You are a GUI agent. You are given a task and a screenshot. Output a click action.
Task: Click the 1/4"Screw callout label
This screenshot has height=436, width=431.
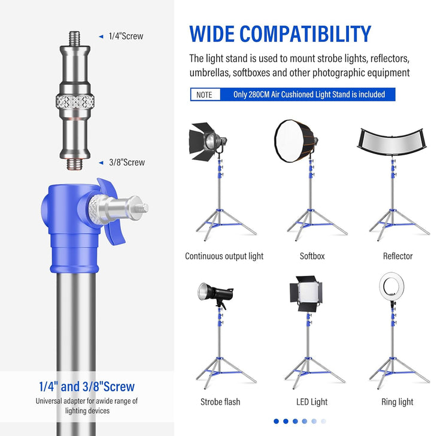126,36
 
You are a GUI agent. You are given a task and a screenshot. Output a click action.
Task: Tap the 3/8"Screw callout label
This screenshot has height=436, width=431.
127,163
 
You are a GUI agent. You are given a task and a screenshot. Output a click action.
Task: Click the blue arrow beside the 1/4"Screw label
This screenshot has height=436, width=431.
101,37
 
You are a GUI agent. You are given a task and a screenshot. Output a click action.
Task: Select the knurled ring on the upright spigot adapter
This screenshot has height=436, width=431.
75,102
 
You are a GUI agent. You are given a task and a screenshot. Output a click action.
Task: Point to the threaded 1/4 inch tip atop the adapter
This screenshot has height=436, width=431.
75,38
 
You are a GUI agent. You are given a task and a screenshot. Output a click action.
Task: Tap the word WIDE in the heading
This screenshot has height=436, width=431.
212,34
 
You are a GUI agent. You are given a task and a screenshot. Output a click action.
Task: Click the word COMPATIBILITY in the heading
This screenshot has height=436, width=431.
305,34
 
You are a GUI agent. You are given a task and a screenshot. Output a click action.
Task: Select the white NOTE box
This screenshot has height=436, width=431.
205,95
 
